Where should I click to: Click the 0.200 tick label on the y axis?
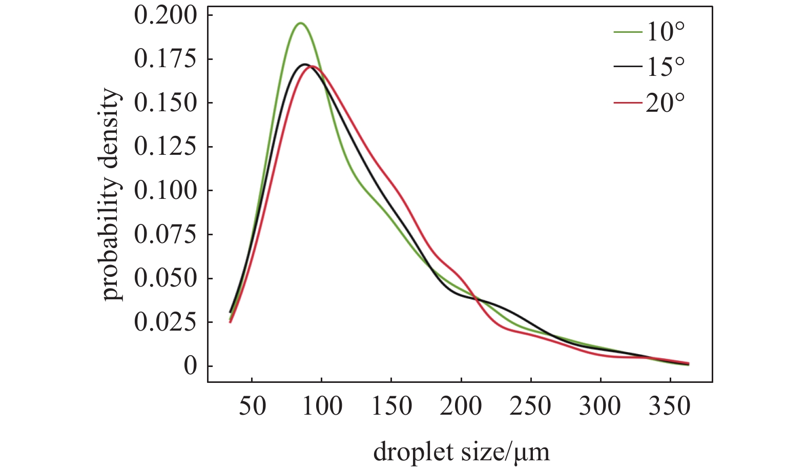165,15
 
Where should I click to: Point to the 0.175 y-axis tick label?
165,59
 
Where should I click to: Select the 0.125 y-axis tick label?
165,147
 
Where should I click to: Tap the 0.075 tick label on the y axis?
165,234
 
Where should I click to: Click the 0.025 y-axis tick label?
165,322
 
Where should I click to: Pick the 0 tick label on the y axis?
191,366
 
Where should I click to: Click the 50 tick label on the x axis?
252,406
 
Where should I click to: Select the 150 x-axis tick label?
391,406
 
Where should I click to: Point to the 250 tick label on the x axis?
531,406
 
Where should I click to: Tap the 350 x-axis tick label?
670,406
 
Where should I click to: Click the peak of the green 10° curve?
300,23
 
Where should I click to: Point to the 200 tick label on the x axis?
461,406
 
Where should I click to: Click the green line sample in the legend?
628,32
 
